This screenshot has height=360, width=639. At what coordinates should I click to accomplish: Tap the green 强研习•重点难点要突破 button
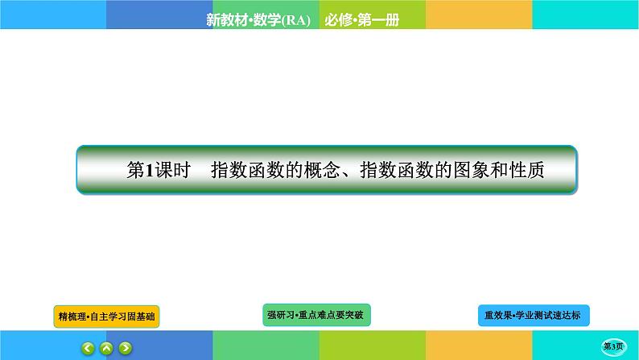coord(316,314)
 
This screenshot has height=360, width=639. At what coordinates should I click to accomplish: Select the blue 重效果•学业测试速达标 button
coord(533,316)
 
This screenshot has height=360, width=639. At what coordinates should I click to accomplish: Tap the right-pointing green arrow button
coord(125,348)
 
